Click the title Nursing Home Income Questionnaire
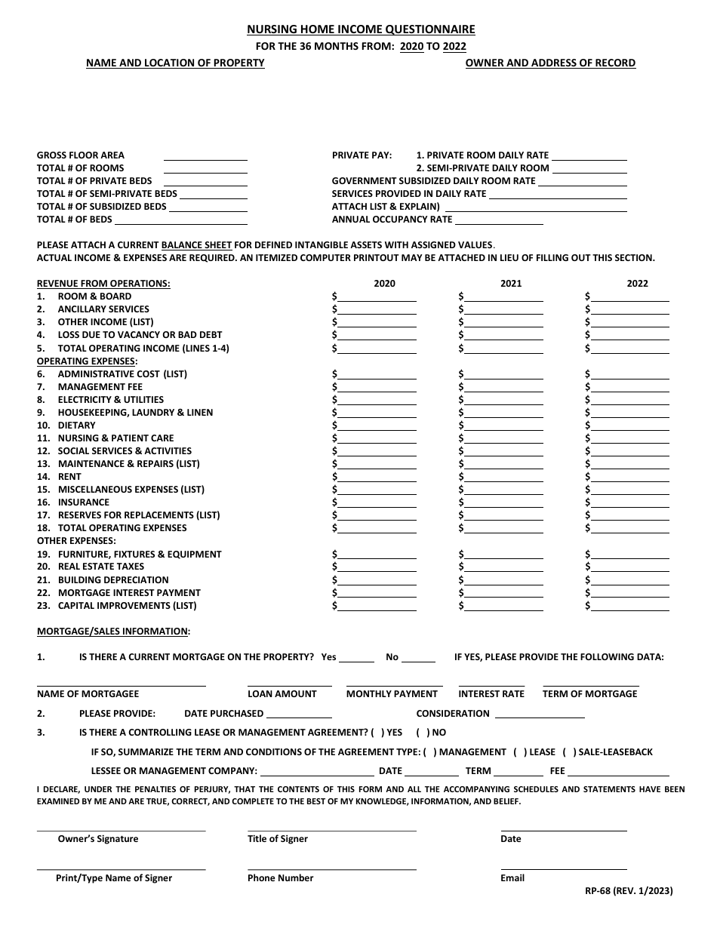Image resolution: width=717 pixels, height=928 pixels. pyautogui.click(x=361, y=29)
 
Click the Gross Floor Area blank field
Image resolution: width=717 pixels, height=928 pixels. pyautogui.click(x=205, y=157)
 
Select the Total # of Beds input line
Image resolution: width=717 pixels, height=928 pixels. pyautogui.click(x=180, y=221)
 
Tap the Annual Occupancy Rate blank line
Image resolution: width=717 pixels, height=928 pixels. pyautogui.click(x=499, y=221)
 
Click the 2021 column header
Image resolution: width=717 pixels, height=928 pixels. pyautogui.click(x=511, y=284)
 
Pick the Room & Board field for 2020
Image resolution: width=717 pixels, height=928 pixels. pyautogui.click(x=377, y=298)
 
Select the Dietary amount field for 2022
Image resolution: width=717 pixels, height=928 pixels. pyautogui.click(x=630, y=426)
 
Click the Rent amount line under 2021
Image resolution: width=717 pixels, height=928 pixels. pyautogui.click(x=503, y=478)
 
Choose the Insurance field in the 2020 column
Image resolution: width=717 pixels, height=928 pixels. pyautogui.click(x=377, y=503)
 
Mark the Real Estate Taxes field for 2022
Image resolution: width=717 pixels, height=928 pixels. pyautogui.click(x=630, y=567)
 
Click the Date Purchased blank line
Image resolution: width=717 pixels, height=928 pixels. pyautogui.click(x=299, y=714)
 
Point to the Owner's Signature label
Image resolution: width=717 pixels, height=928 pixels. pyautogui.click(x=98, y=839)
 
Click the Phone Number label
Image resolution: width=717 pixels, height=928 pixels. pyautogui.click(x=280, y=878)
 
